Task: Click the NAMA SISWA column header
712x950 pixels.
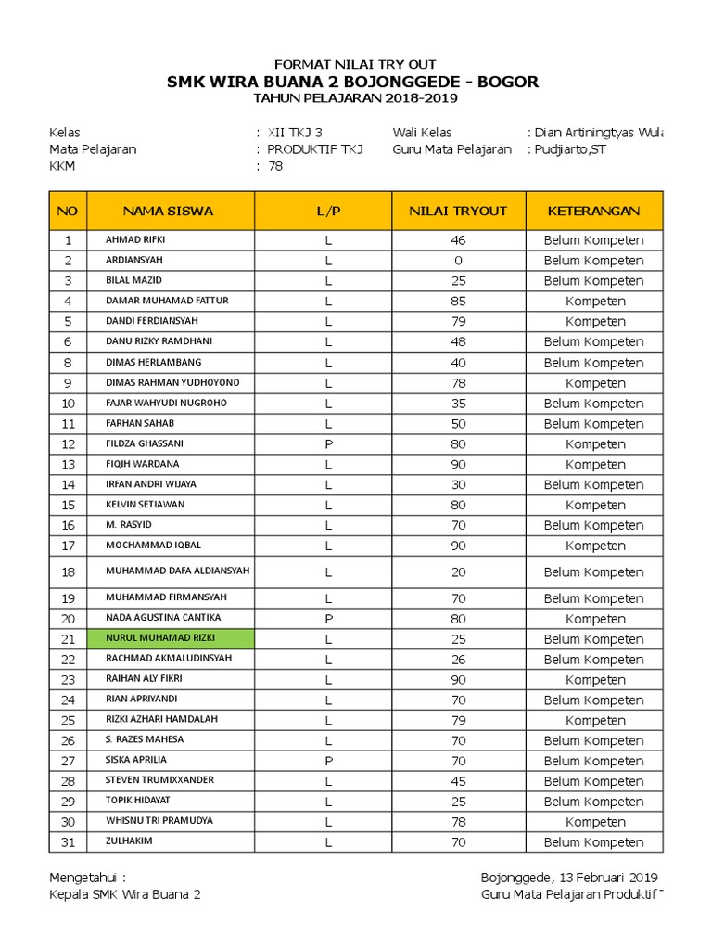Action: [x=169, y=211]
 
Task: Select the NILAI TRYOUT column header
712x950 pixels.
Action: [x=458, y=211]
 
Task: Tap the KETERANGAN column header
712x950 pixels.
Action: [x=594, y=211]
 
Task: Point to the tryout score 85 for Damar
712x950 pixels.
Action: [x=458, y=302]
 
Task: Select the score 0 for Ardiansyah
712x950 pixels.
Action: [x=458, y=261]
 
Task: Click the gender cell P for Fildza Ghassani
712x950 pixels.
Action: [x=328, y=444]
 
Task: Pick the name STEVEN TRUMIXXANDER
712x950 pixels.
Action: [x=159, y=780]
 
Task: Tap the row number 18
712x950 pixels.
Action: [x=68, y=572]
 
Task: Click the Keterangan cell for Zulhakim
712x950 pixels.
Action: [x=594, y=842]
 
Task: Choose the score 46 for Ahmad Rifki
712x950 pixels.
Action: [x=458, y=240]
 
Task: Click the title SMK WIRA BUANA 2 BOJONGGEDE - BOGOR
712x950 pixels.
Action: [x=352, y=83]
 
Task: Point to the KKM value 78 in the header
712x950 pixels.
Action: [x=275, y=167]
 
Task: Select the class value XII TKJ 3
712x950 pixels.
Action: [x=295, y=133]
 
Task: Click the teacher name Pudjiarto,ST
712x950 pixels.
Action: [x=570, y=149]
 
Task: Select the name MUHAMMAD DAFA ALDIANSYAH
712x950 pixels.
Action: [x=177, y=571]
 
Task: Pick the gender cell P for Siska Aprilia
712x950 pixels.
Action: [x=328, y=761]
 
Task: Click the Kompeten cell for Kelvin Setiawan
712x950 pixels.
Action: [x=594, y=506]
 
